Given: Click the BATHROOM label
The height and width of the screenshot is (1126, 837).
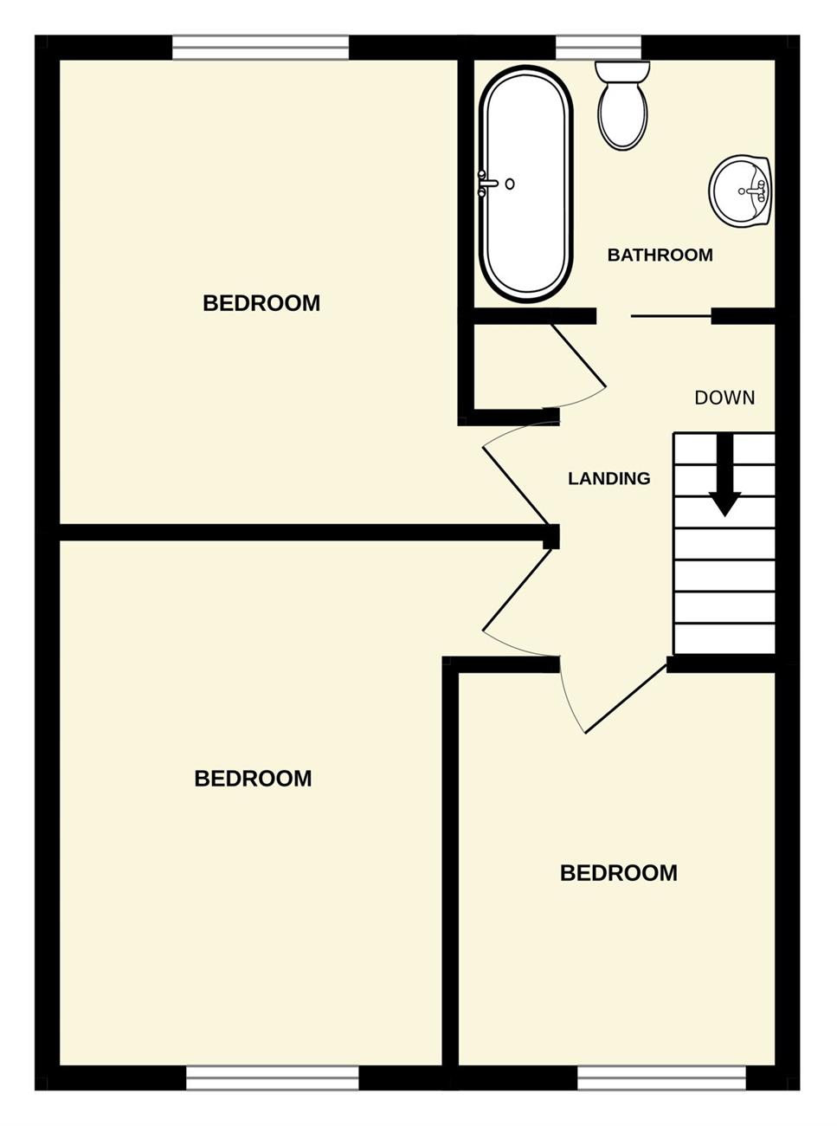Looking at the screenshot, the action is (x=660, y=255).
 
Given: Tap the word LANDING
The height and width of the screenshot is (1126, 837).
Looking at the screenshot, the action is (x=608, y=478).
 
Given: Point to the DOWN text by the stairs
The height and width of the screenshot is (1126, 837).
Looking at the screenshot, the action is (x=724, y=398).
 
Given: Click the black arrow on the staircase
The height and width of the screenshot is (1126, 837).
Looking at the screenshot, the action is (x=724, y=475).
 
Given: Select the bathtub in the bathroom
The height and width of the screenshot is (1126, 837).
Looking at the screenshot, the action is (x=526, y=184).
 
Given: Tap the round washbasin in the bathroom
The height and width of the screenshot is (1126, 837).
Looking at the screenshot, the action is (x=740, y=191).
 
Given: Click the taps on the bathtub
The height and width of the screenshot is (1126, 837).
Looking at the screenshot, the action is (x=488, y=184).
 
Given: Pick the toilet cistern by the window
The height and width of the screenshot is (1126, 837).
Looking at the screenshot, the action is (x=623, y=72).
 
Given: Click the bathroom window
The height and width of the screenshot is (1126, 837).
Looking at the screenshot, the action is (x=599, y=48).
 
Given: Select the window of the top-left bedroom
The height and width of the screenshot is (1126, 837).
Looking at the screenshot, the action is (x=261, y=48).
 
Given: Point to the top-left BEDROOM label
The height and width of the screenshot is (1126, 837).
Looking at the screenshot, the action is (x=261, y=303).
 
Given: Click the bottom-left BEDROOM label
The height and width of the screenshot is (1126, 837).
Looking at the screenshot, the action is (x=253, y=779).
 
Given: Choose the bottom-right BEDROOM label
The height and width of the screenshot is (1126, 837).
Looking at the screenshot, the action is (x=619, y=873).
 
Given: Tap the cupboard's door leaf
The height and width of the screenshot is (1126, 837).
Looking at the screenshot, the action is (x=578, y=355).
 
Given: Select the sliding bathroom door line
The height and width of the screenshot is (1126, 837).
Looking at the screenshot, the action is (x=672, y=316).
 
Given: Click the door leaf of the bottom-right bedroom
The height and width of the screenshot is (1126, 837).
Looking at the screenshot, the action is (x=626, y=698).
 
